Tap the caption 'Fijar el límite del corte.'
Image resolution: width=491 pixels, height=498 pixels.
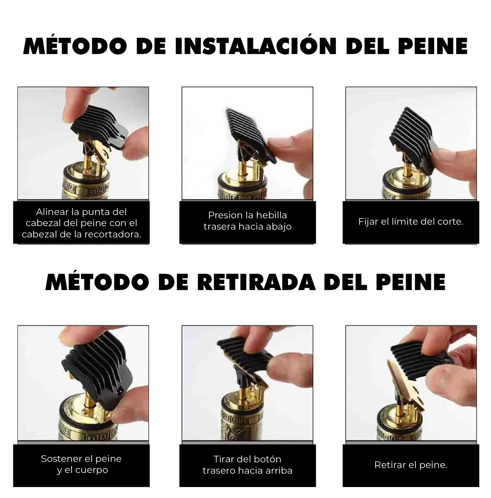click(x=411, y=222)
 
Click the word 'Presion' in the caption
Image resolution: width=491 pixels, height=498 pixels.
click(x=226, y=215)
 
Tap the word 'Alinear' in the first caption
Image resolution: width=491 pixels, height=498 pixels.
click(x=52, y=212)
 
